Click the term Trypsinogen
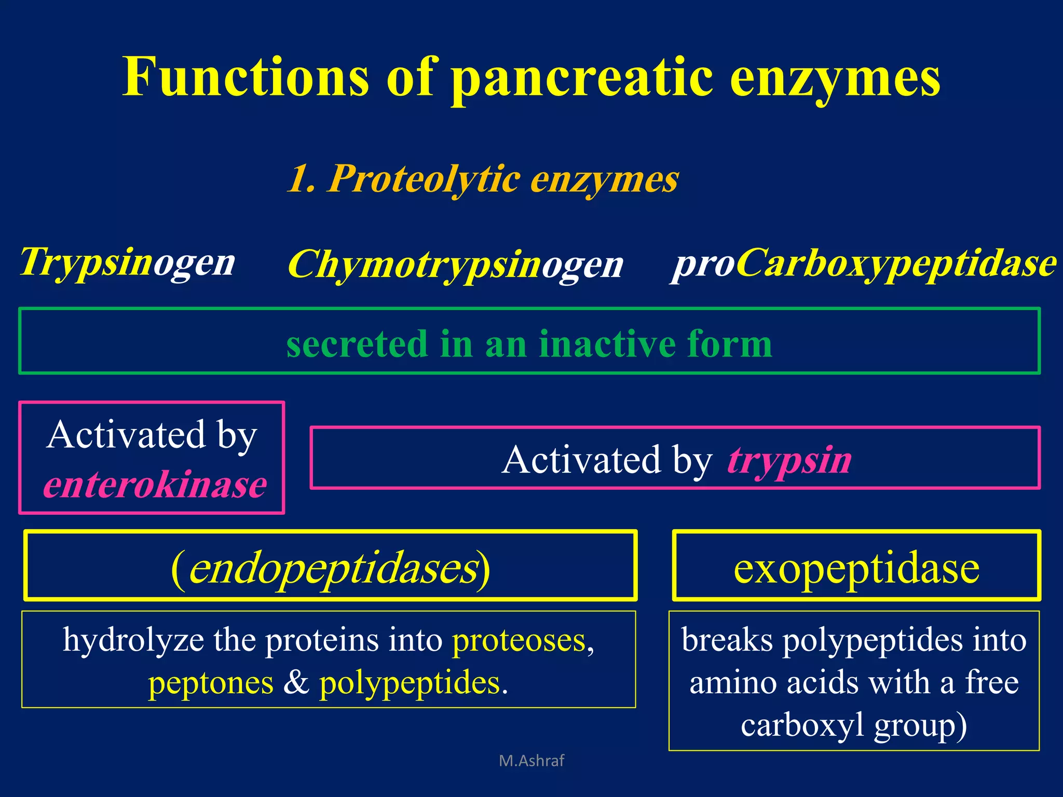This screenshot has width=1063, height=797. [128, 262]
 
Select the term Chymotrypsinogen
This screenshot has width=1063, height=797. [455, 265]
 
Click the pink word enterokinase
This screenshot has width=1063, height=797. [155, 485]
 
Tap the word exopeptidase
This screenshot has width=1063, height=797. [856, 568]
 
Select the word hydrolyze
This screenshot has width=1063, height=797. [133, 640]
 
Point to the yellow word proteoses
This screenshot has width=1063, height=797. [519, 640]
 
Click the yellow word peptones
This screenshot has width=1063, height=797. [211, 682]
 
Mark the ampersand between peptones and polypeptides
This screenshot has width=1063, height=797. [296, 682]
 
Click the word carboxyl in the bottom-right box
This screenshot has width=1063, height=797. [802, 725]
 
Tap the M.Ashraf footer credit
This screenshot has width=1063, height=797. [531, 761]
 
